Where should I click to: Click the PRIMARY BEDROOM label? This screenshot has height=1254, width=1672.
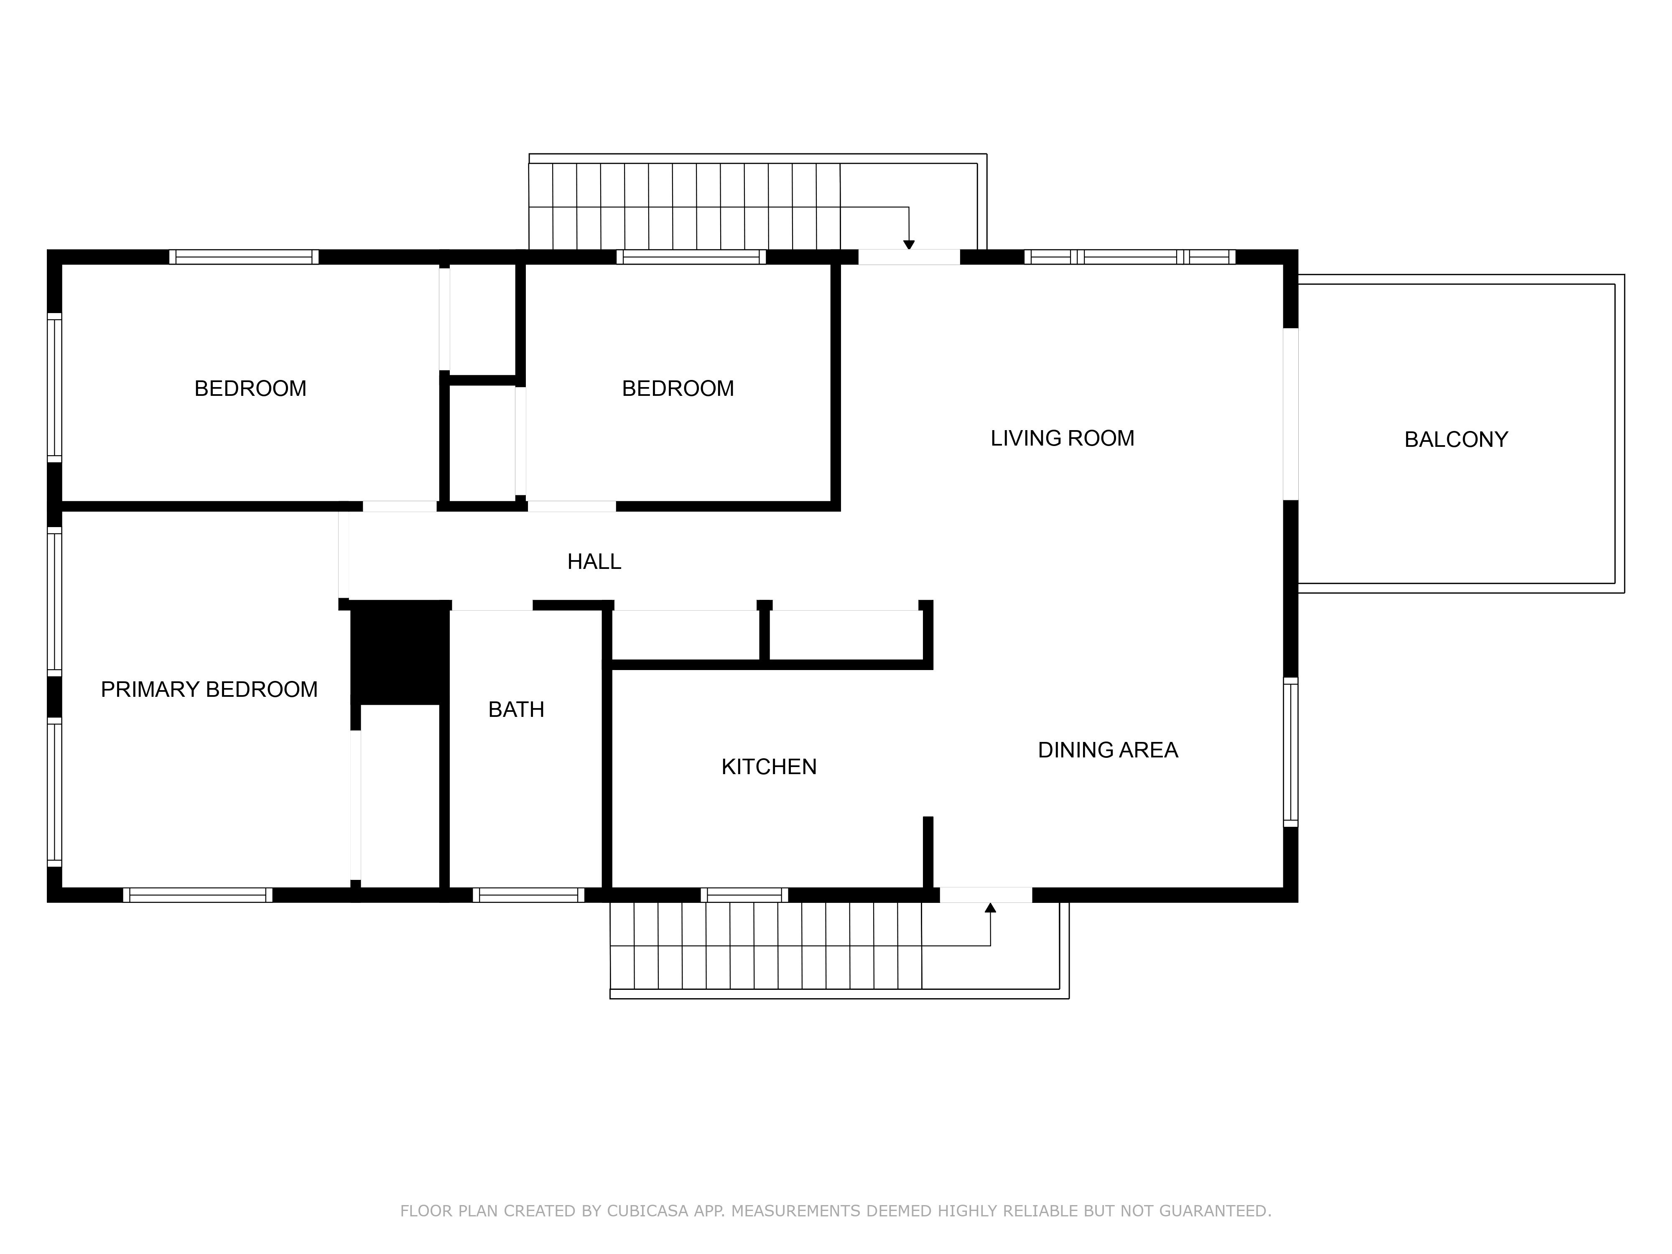[209, 689]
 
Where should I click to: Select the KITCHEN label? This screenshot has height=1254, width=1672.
[769, 767]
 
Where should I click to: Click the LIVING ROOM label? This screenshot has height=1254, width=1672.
[1062, 438]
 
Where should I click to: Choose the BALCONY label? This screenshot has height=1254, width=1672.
[1456, 440]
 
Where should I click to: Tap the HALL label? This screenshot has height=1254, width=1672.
[594, 562]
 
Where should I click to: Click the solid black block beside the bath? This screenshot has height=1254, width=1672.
[400, 653]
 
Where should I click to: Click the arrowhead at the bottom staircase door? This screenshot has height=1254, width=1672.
[990, 907]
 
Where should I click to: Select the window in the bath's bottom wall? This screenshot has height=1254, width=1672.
[528, 895]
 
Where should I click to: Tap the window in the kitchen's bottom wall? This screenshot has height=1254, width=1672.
[744, 895]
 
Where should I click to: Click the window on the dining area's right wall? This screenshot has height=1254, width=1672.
[1291, 752]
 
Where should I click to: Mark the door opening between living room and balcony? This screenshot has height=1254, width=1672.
[1291, 414]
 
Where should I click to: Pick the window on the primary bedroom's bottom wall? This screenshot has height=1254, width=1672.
[198, 895]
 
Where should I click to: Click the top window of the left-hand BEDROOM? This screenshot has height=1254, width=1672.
[243, 257]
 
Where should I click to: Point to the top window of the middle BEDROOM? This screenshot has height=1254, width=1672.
[691, 257]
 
